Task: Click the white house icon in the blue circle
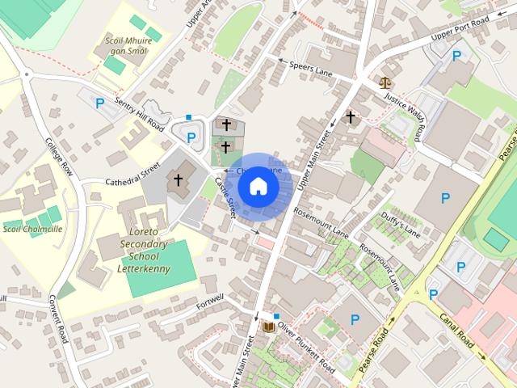point(258,186)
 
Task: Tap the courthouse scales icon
point(384,82)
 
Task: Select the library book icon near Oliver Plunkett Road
point(268,327)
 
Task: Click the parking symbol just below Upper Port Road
point(457,57)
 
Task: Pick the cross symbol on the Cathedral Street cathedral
point(178,180)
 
